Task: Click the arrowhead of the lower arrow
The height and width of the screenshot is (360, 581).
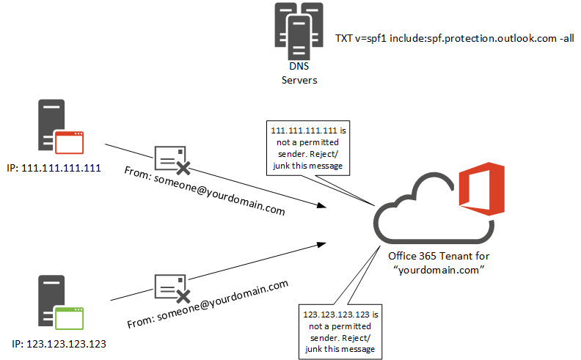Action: coord(321,241)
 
